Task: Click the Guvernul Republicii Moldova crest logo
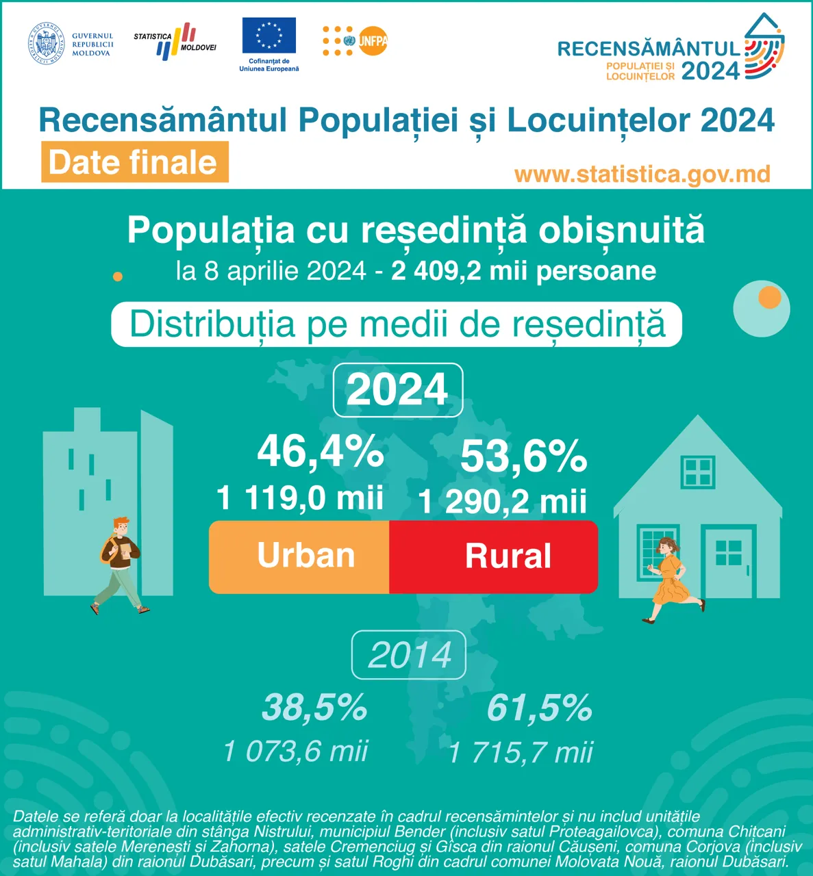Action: click(x=47, y=44)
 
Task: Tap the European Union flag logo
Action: click(x=269, y=36)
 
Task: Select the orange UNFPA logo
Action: click(x=355, y=41)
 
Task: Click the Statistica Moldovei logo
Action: click(x=175, y=41)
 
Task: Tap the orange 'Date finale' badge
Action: click(x=134, y=162)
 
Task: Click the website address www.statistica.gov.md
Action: click(x=642, y=174)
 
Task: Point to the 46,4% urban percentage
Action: click(x=320, y=452)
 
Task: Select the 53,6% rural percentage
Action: click(x=523, y=456)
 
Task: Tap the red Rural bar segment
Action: click(x=494, y=556)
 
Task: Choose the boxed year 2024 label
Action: click(x=398, y=389)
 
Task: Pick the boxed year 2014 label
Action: click(x=409, y=655)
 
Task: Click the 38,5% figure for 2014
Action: click(x=314, y=708)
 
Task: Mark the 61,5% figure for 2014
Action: click(x=539, y=708)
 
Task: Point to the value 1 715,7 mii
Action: click(x=521, y=753)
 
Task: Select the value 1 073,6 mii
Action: click(x=296, y=751)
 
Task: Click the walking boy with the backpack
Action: click(x=119, y=565)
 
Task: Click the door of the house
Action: click(x=728, y=562)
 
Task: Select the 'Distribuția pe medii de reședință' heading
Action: click(x=397, y=324)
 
